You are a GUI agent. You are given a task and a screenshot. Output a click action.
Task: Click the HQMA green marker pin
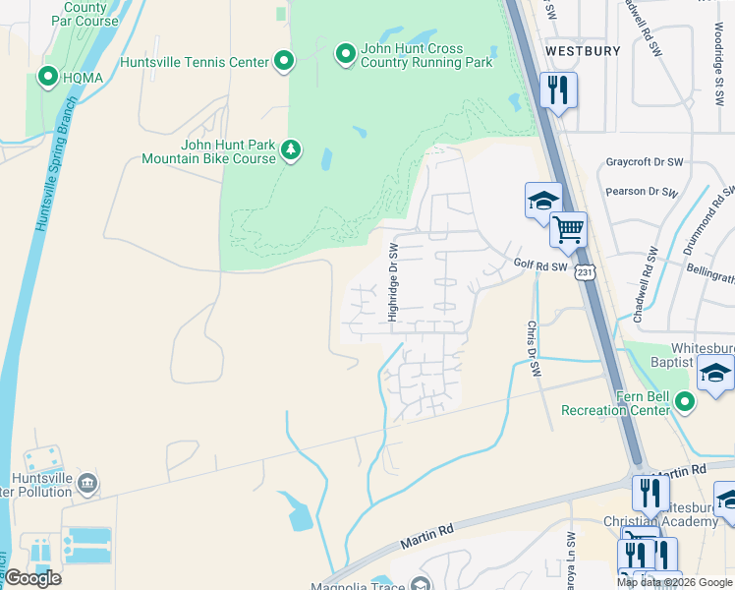point(47,75)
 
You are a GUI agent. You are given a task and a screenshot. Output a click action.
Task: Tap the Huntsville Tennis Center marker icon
point(284,62)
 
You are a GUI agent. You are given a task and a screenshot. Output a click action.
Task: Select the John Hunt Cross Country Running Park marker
point(345,53)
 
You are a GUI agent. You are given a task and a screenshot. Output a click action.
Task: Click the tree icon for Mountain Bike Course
point(291,149)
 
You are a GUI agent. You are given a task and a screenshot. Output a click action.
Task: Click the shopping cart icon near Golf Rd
point(568,231)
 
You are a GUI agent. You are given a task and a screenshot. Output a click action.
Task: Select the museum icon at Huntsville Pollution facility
point(87,482)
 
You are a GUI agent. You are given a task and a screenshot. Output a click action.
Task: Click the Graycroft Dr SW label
point(650,162)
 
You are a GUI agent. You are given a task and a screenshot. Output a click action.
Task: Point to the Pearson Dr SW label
point(642,192)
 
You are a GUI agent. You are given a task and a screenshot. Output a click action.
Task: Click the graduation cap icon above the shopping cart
point(542,202)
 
